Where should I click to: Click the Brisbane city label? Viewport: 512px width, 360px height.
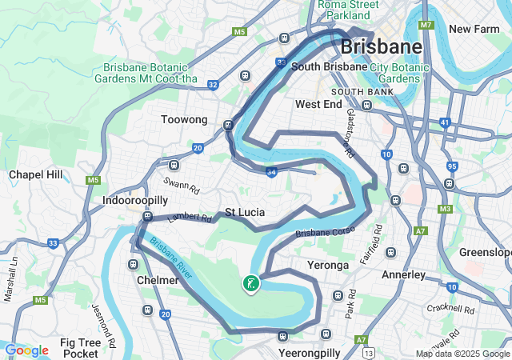[381, 47]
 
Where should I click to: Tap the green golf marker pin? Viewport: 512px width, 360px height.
[251, 282]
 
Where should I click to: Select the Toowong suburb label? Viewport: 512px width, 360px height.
[184, 120]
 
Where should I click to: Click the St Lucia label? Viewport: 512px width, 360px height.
[244, 212]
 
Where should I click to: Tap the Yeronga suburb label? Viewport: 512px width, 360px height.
[328, 265]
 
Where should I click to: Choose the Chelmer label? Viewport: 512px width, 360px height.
[158, 280]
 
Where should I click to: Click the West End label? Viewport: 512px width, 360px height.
[318, 104]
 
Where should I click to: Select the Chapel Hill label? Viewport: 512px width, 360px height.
[35, 174]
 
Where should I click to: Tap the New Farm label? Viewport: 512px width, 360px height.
[474, 29]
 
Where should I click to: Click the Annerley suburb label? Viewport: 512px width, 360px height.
[404, 274]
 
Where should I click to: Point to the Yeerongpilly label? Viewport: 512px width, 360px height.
[310, 352]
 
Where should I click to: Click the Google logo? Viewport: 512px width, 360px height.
[26, 350]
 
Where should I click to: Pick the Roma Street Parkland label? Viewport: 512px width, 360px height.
[349, 10]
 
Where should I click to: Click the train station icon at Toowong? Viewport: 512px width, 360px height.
[229, 124]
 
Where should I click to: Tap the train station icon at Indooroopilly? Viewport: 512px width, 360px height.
[147, 216]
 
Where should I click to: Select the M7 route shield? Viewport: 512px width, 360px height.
[426, 25]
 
